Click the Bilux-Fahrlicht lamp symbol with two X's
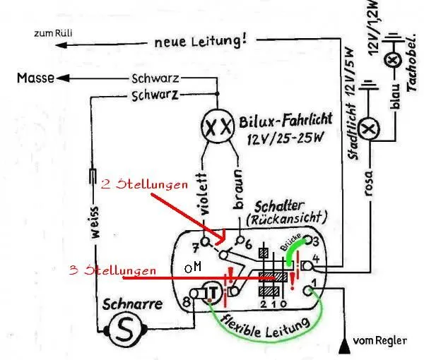(x=215, y=128)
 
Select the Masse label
(x=35, y=79)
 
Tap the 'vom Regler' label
(x=380, y=340)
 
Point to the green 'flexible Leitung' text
(x=266, y=326)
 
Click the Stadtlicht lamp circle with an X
(x=367, y=129)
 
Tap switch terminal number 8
(x=186, y=302)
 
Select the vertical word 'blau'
(x=397, y=110)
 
